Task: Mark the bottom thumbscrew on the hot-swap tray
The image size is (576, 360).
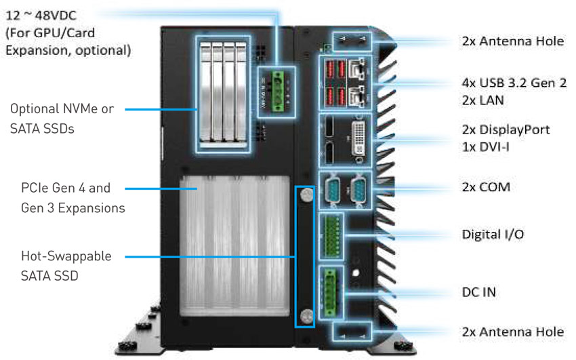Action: pyautogui.click(x=306, y=315)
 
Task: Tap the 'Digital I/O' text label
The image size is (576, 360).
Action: pyautogui.click(x=493, y=235)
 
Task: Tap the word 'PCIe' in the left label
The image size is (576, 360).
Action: pyautogui.click(x=35, y=188)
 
